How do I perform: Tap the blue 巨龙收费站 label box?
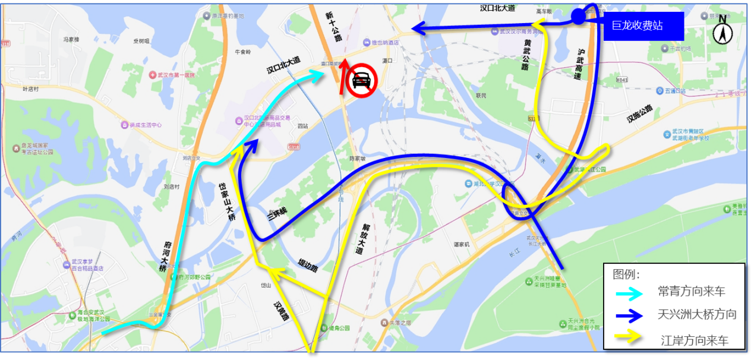point(643,26)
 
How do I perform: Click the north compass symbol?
point(723,29)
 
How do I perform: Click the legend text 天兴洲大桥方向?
point(697,314)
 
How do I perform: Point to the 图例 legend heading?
point(626,274)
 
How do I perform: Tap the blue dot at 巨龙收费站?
point(578,17)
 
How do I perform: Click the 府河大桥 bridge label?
point(165,256)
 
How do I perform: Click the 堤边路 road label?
point(308,266)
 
